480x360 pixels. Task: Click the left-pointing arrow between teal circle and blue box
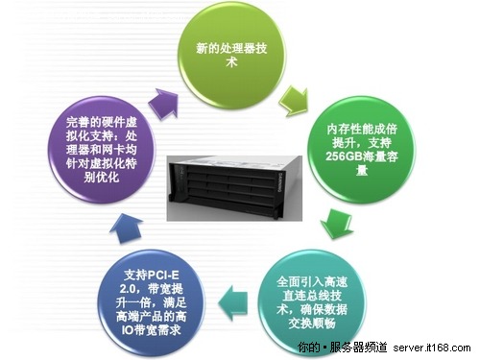click(236, 290)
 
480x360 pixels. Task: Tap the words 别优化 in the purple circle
click(83, 178)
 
